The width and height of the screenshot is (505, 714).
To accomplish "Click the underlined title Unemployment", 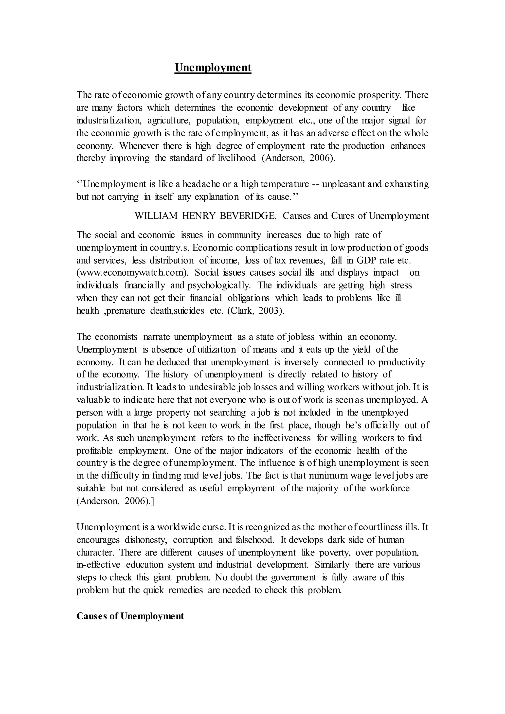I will click(213, 68).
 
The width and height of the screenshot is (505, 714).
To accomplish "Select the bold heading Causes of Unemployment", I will click(130, 616).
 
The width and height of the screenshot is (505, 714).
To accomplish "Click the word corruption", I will click(193, 540).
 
